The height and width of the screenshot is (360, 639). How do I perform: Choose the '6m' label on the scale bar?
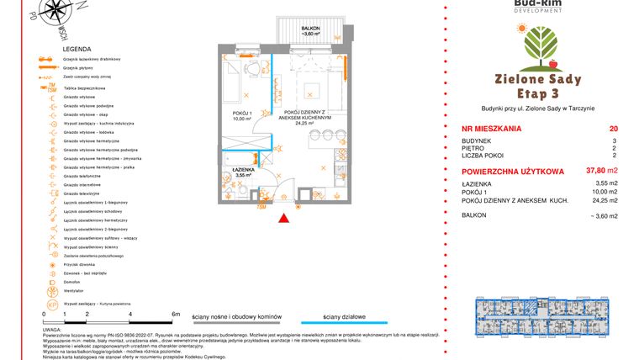[176, 314]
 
